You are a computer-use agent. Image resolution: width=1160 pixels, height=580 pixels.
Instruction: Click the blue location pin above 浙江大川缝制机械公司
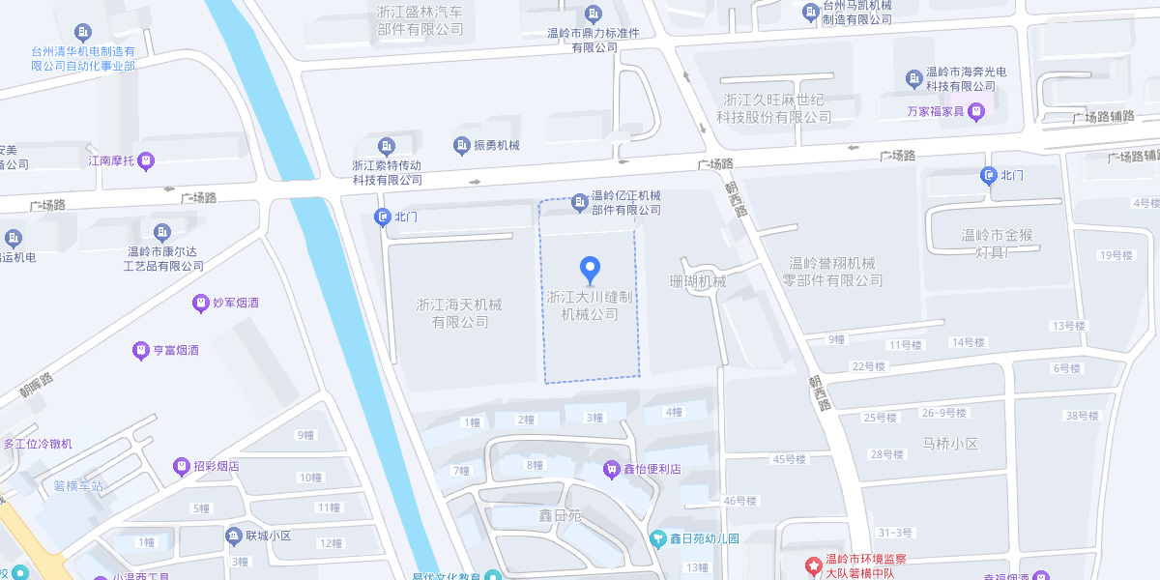click(x=590, y=270)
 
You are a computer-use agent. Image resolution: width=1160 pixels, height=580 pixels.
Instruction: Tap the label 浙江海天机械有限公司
click(x=459, y=312)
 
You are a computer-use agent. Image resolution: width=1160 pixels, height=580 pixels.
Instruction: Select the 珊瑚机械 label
click(x=697, y=281)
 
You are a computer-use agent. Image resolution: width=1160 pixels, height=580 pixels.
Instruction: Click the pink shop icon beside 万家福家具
click(x=976, y=111)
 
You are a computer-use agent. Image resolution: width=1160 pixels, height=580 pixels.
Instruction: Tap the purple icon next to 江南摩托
click(x=146, y=161)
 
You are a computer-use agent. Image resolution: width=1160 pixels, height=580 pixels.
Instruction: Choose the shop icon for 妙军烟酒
click(x=201, y=303)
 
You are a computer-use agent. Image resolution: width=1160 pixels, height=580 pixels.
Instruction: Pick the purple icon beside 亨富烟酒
click(x=140, y=350)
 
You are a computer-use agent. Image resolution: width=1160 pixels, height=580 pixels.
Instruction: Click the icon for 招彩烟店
click(x=181, y=466)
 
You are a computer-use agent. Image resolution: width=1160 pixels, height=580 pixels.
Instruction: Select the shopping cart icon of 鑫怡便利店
click(x=611, y=469)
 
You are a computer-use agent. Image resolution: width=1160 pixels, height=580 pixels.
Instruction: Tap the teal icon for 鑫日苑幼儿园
click(x=658, y=538)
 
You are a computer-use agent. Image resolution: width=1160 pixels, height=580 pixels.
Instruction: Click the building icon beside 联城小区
click(x=233, y=536)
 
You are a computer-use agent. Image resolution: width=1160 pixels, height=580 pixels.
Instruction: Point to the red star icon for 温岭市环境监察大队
click(x=812, y=561)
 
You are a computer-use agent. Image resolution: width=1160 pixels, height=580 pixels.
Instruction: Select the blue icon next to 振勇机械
click(x=461, y=145)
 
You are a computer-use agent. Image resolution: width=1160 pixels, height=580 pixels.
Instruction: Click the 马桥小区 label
click(x=950, y=444)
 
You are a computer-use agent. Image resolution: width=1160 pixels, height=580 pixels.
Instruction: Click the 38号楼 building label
click(x=1082, y=416)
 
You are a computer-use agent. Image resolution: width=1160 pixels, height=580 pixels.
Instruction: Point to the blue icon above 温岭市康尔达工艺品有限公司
click(x=161, y=232)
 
